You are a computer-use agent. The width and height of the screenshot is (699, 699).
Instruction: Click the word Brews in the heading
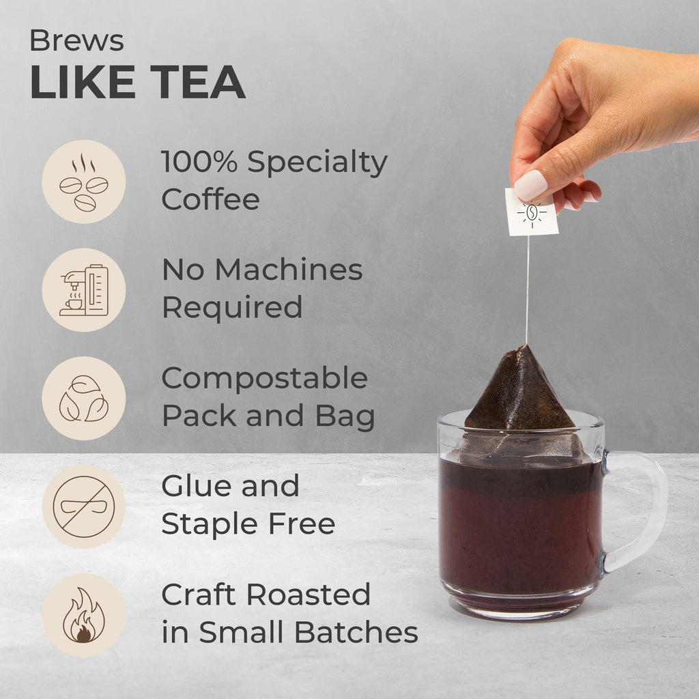point(76,40)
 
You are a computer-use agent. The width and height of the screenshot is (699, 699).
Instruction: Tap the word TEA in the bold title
point(198,82)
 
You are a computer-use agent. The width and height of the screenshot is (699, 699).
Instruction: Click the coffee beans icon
point(84,182)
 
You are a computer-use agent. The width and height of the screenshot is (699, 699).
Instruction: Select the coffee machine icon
point(84,290)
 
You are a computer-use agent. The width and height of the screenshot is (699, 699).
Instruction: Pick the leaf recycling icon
point(84,399)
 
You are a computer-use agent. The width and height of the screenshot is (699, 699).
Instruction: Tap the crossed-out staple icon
point(84,507)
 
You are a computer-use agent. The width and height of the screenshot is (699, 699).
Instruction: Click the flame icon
point(84,615)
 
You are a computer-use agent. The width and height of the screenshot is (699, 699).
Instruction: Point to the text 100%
point(199,161)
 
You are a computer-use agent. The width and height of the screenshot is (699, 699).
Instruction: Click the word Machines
point(289,270)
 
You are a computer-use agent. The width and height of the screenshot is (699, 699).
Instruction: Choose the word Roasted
point(309,595)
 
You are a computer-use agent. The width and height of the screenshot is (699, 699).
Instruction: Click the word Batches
point(356,632)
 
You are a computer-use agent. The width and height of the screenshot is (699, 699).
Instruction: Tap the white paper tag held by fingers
point(532,212)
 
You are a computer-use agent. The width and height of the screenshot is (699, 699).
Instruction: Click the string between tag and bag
point(528,289)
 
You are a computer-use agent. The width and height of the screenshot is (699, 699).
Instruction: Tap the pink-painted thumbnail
point(530,185)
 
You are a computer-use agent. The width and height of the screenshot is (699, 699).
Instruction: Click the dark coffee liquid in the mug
point(520,526)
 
